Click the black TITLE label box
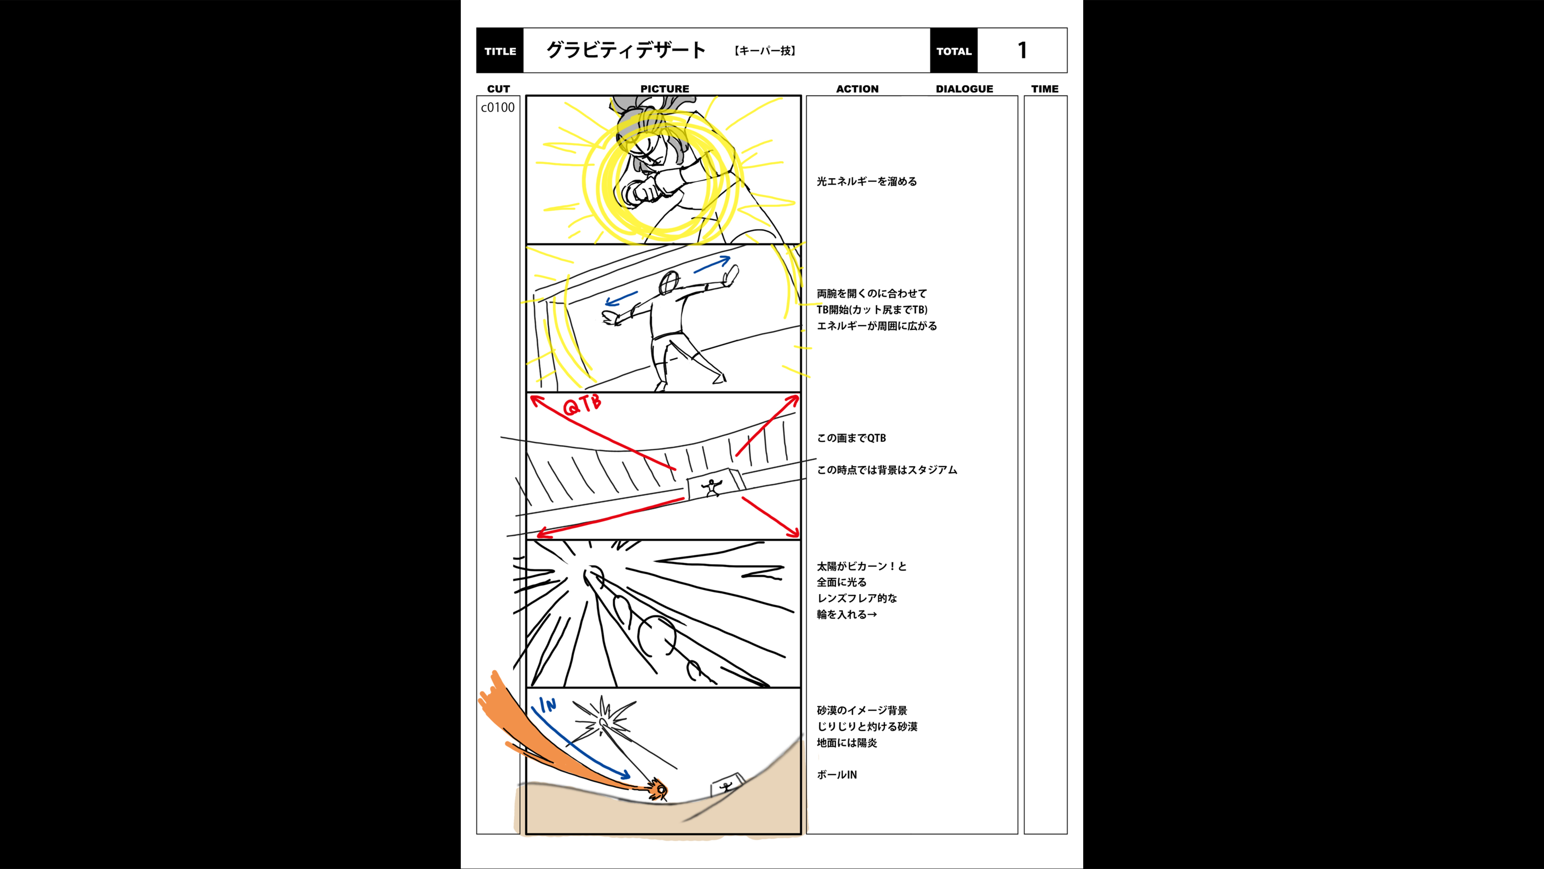tap(500, 50)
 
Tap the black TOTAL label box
tap(954, 50)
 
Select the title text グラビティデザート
tap(626, 50)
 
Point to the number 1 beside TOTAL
tap(1022, 50)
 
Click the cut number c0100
tap(497, 107)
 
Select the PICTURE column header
tap(665, 89)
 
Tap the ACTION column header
tap(857, 89)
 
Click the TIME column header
tap(1045, 89)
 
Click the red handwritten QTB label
tap(582, 405)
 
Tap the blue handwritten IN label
tap(547, 705)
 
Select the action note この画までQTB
tap(851, 438)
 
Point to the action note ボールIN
tap(837, 774)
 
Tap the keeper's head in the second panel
tap(669, 282)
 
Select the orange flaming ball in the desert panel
tap(658, 789)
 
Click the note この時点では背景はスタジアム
tap(887, 470)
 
